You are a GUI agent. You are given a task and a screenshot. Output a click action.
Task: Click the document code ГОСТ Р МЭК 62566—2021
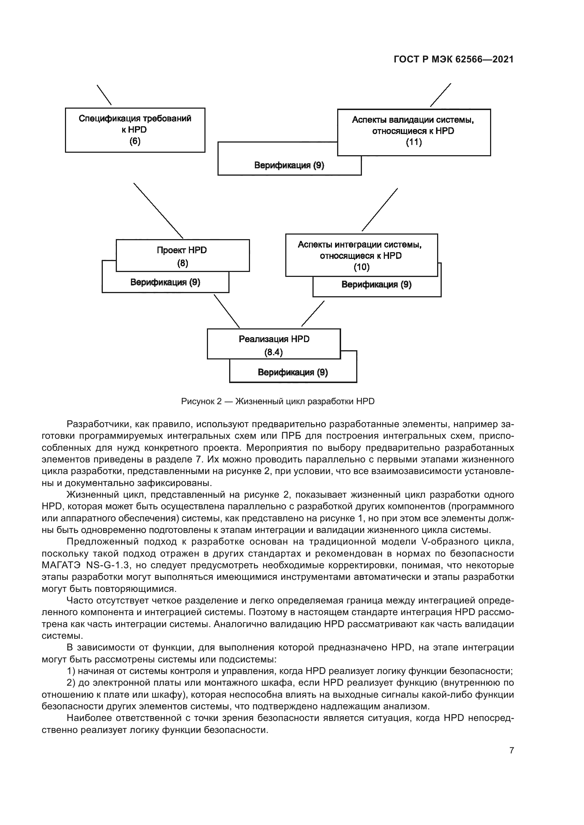453,59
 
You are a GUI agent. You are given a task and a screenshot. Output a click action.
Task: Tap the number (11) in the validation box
413,142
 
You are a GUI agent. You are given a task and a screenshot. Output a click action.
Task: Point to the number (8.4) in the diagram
273,352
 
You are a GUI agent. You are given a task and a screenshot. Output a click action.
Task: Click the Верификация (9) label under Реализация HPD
293,372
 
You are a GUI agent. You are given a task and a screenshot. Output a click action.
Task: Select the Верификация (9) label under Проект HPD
165,283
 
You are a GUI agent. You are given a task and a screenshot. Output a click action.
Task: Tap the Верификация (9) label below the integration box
376,285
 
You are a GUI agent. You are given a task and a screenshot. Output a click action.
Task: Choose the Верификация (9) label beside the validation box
289,166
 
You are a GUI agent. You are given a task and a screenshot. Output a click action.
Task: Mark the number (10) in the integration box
362,267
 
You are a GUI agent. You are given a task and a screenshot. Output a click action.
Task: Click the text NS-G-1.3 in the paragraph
107,565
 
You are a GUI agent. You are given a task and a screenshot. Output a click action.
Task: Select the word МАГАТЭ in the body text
61,565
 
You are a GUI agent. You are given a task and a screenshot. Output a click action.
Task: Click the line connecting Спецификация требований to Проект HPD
158,211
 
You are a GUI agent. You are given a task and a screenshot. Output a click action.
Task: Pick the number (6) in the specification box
135,141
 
